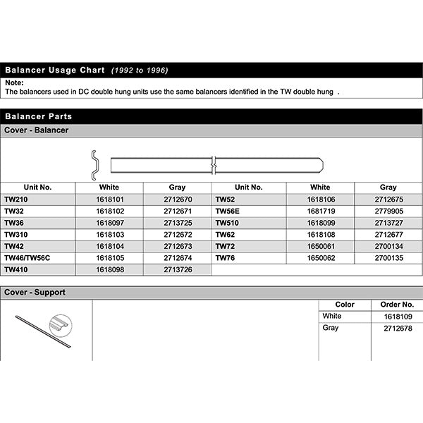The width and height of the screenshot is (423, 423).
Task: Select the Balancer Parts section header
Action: coord(38,116)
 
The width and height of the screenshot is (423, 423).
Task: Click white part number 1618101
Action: coord(109,200)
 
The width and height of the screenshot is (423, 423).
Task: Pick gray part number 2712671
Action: coord(177,211)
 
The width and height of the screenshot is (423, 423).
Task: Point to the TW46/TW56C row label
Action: coord(28,258)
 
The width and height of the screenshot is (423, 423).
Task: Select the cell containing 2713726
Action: coord(177,269)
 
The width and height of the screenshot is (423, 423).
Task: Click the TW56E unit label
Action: coord(228,211)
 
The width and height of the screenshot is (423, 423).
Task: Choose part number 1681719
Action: coord(319,211)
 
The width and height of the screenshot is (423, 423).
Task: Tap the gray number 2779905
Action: coord(388,211)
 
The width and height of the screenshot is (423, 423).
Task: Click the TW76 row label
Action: coord(225,258)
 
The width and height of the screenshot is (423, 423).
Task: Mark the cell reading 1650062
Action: coord(319,258)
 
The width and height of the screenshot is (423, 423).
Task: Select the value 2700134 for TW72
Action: coord(388,246)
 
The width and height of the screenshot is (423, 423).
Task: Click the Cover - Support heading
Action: coord(35,293)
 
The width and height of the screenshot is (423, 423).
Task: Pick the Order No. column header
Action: coord(397,305)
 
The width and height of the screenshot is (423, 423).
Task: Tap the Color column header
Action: coord(345,305)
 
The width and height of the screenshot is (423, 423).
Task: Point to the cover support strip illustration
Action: coord(42,331)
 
